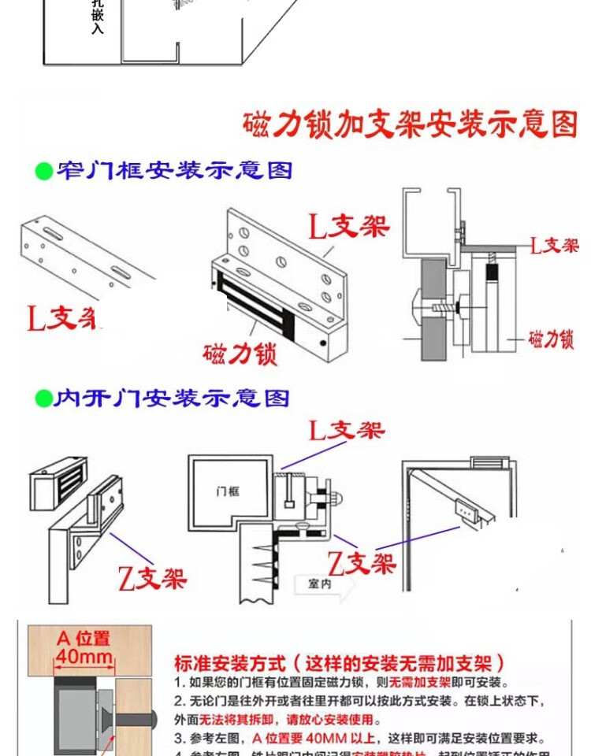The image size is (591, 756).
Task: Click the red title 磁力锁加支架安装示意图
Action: coord(410,124)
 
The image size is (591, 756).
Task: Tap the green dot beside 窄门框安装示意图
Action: coord(43,169)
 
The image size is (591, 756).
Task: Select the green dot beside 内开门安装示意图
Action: coord(43,398)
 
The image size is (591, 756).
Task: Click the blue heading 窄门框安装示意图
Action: coord(173,169)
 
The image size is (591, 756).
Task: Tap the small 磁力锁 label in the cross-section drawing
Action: coord(551,339)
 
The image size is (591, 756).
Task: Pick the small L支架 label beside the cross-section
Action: coord(553,245)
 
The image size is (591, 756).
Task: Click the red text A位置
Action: coord(83,638)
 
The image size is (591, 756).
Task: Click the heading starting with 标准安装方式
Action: coord(340,663)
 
